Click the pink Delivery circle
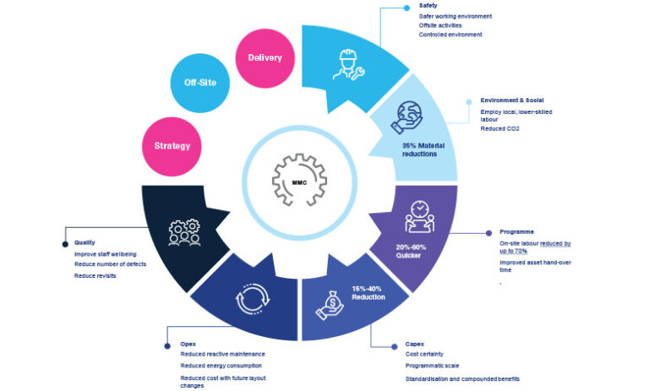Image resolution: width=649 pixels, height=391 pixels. (x=265, y=57)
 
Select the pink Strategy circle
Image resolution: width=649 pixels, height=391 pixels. (x=172, y=145)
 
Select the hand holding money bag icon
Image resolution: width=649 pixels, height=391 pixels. (x=330, y=307)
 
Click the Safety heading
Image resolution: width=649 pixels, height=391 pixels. (x=428, y=6)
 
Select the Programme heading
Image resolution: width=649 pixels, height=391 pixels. (x=516, y=231)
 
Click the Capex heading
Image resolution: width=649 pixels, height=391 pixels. (x=416, y=345)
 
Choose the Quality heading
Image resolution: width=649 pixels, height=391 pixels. (x=85, y=242)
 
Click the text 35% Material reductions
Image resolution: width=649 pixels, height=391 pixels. (x=420, y=149)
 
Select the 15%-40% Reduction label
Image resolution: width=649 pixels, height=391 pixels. (x=368, y=292)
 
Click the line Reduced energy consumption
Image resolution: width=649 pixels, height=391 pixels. (x=221, y=365)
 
